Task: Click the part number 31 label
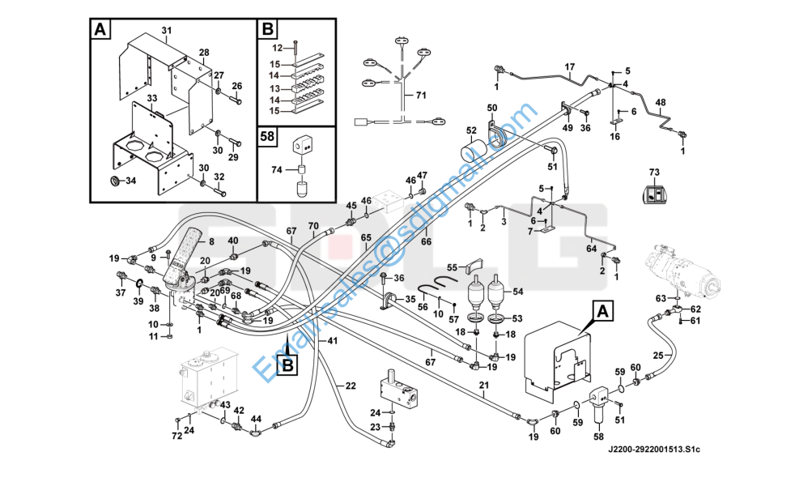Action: [x=167, y=31]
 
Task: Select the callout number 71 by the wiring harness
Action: [x=420, y=96]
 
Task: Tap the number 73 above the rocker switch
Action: [x=654, y=172]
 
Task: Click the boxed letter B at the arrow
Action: [x=288, y=366]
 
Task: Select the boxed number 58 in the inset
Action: [x=268, y=134]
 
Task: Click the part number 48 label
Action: [x=661, y=102]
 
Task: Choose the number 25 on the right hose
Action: [x=658, y=355]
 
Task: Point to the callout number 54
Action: [x=518, y=291]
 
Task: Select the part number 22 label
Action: [x=350, y=385]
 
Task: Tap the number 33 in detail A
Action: [x=151, y=99]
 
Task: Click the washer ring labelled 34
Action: [x=114, y=178]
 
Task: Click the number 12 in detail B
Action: [x=274, y=48]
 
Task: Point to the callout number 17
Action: [x=569, y=66]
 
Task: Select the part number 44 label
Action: [x=256, y=418]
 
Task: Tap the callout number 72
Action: [x=176, y=437]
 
